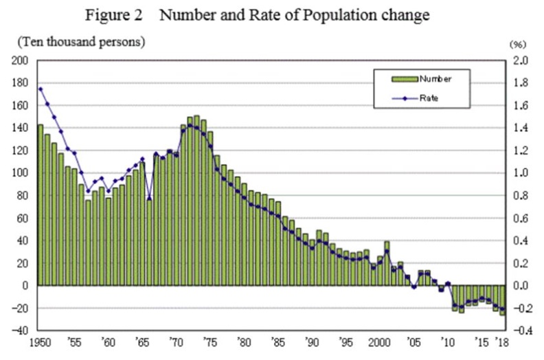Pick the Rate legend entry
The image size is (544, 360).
pos(428,98)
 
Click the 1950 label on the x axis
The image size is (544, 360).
pos(38,341)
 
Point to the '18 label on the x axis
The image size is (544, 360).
pos(503,341)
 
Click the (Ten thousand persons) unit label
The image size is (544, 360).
pos(80,42)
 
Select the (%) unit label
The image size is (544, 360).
pos(517,43)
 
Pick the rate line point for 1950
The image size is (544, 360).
pos(41,89)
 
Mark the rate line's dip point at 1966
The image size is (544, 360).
pos(149,199)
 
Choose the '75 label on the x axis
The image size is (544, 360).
pos(209,341)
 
